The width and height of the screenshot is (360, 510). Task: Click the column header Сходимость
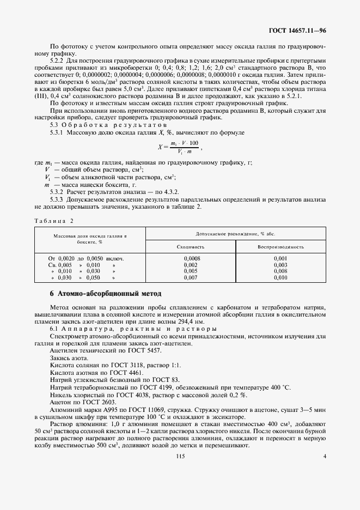tap(191, 246)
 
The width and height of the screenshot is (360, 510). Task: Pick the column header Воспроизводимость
tap(280, 246)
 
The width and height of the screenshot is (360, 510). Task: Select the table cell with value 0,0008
tap(191, 258)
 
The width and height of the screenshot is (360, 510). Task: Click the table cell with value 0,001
tap(280, 258)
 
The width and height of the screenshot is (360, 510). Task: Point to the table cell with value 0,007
tap(191, 277)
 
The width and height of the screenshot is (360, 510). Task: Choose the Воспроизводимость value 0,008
tap(280, 271)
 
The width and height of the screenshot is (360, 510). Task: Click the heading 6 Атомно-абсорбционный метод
tap(105, 294)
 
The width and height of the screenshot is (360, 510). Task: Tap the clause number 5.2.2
tap(58, 61)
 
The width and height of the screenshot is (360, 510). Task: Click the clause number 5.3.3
tap(58, 201)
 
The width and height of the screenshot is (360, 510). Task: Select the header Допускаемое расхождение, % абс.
tap(236, 233)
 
